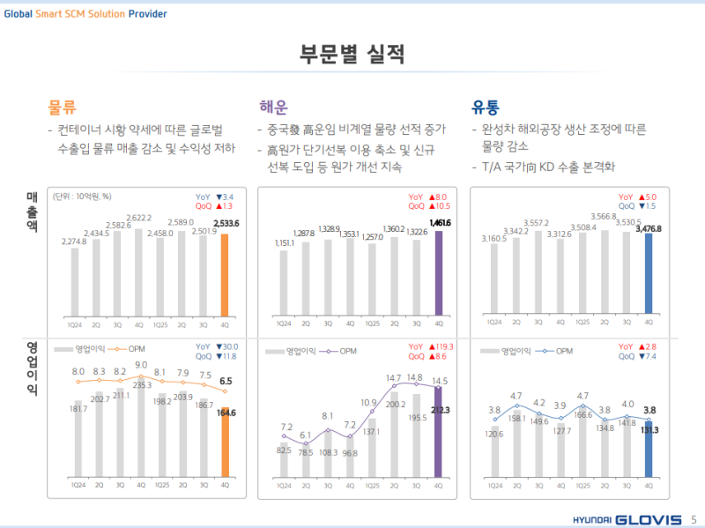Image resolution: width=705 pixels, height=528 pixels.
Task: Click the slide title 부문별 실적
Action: [352, 54]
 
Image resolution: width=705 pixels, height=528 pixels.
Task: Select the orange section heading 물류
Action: [62, 108]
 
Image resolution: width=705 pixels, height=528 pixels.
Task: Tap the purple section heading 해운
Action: [273, 108]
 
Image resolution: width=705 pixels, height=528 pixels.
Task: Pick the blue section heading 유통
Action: [486, 108]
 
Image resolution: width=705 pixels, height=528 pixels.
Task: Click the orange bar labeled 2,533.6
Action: [225, 273]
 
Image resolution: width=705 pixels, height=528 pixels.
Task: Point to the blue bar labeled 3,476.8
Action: [649, 273]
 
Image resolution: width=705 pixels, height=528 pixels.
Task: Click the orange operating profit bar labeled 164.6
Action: [225, 446]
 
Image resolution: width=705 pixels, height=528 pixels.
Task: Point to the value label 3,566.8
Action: [604, 216]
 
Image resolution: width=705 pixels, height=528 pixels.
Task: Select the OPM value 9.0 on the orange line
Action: [141, 364]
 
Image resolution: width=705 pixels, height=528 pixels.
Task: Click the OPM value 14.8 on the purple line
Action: [415, 377]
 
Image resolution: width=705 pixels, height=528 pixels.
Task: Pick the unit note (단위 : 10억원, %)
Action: [81, 196]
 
